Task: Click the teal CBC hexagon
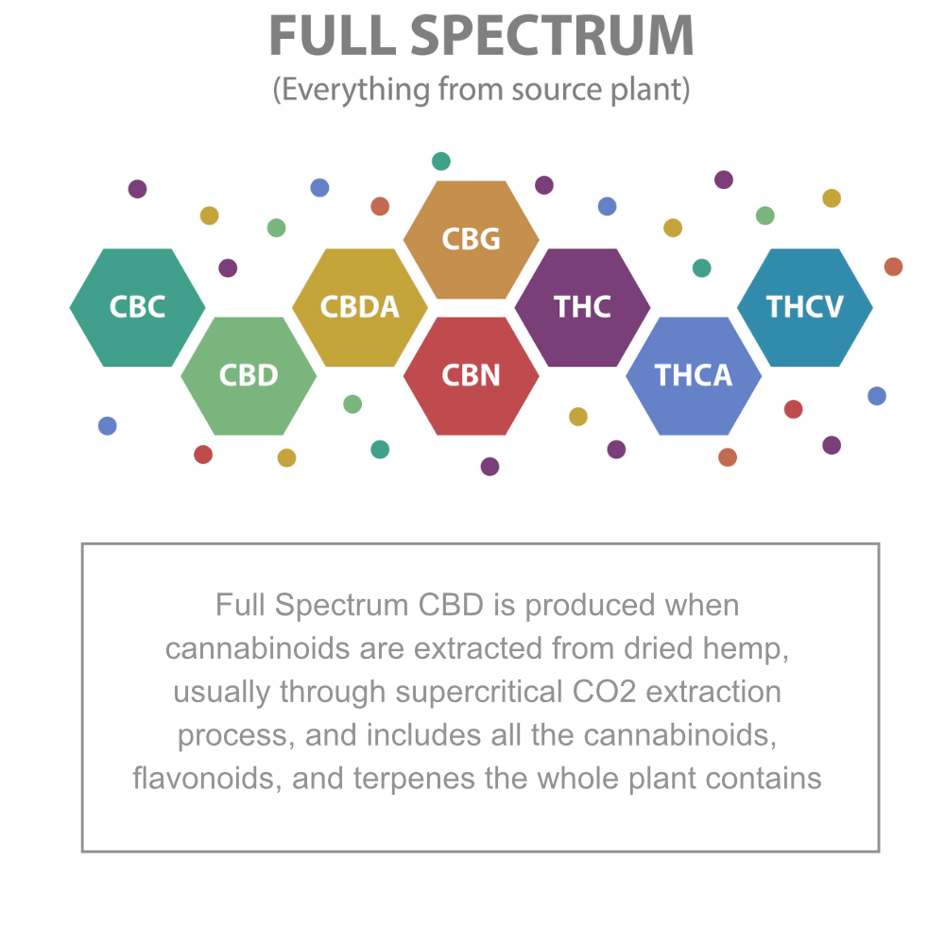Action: point(137,307)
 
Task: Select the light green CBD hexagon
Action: point(249,376)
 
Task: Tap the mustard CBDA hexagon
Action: point(360,307)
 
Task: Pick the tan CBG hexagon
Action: point(472,239)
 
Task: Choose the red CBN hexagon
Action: point(472,376)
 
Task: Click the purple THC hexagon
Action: point(582,307)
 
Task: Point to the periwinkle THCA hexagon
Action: point(694,376)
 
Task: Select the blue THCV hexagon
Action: point(805,307)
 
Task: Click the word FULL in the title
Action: point(333,36)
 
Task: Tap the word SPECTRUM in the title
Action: point(561,36)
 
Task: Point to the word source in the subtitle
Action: point(557,91)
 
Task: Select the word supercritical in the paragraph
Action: point(478,692)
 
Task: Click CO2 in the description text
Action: point(604,692)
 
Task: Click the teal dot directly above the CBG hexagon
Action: point(441,162)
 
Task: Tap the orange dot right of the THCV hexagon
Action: point(893,266)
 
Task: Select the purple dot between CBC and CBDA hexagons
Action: point(228,268)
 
